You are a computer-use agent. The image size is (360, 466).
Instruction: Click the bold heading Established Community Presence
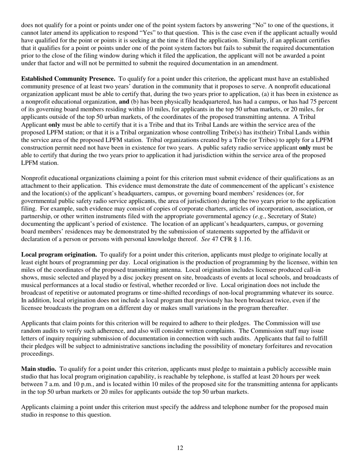[x=68, y=79]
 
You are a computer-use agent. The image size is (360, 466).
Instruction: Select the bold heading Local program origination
[x=59, y=255]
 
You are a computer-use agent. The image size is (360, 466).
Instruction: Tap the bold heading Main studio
[x=39, y=369]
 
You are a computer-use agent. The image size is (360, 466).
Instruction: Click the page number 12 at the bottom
[x=180, y=448]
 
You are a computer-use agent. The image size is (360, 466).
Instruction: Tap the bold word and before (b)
[x=124, y=102]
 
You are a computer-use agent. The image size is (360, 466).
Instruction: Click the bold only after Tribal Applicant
[x=54, y=124]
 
